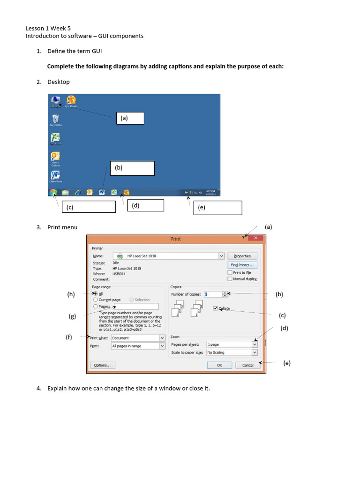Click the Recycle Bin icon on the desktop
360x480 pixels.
pos(56,119)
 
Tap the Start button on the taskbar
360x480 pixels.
pos(53,192)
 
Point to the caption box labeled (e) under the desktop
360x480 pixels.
pos(217,208)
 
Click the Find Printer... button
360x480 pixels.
pos(242,265)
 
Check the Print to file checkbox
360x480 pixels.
pos(230,272)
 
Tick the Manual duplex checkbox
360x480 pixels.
pos(230,279)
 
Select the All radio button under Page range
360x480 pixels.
pos(96,293)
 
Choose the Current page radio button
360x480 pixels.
pos(96,300)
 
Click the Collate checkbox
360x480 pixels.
pos(215,308)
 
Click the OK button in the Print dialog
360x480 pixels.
pos(219,365)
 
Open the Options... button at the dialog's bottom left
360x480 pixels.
pos(102,365)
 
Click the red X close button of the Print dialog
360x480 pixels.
pos(255,238)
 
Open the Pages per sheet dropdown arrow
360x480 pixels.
pos(255,344)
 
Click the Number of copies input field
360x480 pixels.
pos(213,294)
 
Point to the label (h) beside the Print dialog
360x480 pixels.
pos(71,294)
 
